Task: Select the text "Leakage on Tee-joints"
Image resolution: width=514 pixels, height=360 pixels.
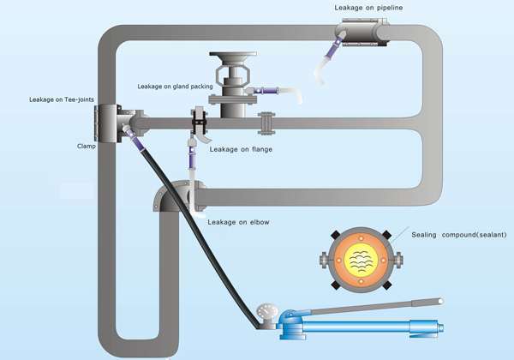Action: click(x=63, y=100)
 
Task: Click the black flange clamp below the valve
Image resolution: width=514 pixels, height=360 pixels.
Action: click(x=201, y=124)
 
